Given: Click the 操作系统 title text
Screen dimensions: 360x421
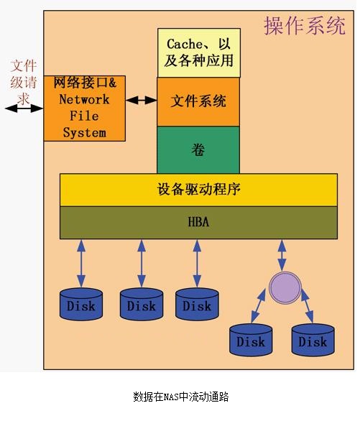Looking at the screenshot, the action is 305,26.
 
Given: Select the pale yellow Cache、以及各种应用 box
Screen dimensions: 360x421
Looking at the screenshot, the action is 199,53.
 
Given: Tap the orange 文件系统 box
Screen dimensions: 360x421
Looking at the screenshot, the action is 198,102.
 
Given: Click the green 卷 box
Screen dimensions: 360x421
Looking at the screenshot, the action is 198,150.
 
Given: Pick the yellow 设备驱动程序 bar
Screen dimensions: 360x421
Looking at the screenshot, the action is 198,190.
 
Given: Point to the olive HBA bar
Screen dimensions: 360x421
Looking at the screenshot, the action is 198,223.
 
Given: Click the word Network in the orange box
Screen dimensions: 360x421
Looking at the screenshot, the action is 84,99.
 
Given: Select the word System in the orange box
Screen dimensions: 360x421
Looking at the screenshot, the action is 85,133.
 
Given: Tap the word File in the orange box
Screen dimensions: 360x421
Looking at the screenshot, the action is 84,116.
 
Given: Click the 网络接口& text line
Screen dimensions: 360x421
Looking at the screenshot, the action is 85,83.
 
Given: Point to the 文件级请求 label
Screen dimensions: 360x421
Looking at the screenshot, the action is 24,82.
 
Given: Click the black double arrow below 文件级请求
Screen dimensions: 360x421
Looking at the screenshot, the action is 24,108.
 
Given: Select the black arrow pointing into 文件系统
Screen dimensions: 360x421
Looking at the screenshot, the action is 142,101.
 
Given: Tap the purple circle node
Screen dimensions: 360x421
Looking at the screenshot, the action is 285,288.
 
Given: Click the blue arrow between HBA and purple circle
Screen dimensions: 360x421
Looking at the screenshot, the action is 282,255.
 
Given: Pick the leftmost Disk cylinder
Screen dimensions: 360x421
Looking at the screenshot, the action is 81,304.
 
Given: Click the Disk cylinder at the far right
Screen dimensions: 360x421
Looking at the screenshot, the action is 313,341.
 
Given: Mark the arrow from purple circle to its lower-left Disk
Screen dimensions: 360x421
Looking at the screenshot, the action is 258,306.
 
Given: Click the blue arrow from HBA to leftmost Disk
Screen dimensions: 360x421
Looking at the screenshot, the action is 81,264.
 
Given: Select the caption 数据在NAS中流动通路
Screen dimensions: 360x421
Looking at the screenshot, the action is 180,397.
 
